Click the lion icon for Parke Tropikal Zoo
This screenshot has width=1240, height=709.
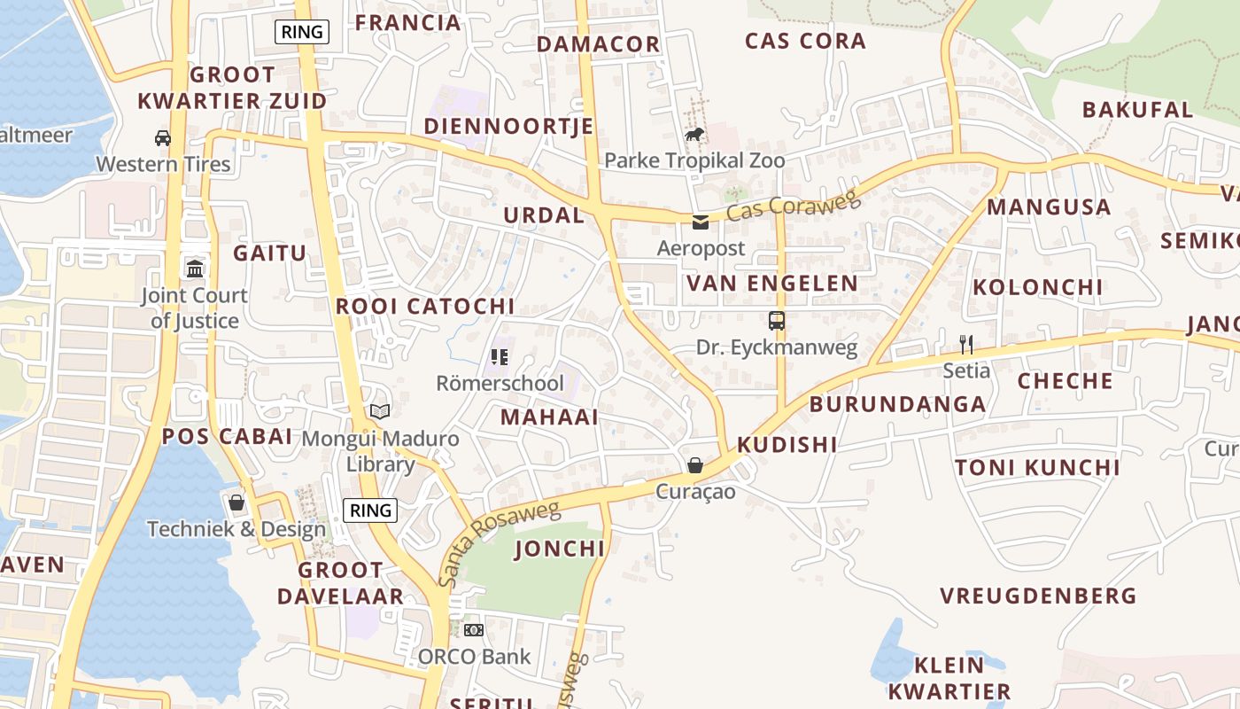[x=694, y=135]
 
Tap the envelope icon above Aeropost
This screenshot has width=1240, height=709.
[x=701, y=222]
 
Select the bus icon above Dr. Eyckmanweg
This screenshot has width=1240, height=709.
[x=777, y=321]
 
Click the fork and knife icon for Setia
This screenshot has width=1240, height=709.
[x=966, y=345]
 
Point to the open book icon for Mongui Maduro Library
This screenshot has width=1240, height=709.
[x=380, y=412]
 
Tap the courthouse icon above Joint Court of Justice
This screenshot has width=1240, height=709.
[x=195, y=269]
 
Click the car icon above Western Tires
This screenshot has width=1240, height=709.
[x=163, y=137]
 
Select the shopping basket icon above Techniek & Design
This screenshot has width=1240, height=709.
[x=236, y=503]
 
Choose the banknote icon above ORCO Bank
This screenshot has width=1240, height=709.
[x=474, y=630]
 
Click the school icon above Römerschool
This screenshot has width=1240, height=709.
[x=500, y=357]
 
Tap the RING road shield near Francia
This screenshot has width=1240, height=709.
[x=302, y=33]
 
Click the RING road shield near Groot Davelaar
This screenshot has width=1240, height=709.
[x=370, y=510]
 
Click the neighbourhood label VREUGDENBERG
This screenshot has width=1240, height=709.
[x=1038, y=596]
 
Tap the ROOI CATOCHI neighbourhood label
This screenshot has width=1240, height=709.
[x=425, y=307]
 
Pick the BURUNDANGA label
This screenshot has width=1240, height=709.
[x=897, y=405]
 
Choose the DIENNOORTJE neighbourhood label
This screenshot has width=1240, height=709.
[x=508, y=126]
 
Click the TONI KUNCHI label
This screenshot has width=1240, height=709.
[x=1037, y=468]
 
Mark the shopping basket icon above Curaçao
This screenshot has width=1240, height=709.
[x=695, y=465]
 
